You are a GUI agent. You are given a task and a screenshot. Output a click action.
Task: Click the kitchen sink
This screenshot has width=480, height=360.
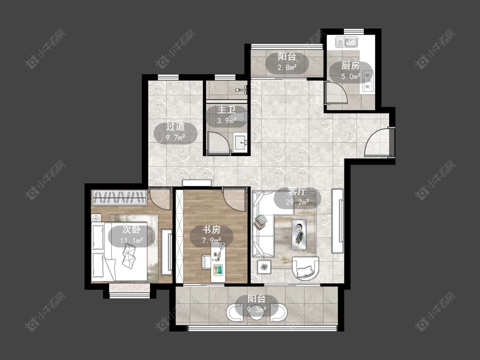click(x=346, y=42)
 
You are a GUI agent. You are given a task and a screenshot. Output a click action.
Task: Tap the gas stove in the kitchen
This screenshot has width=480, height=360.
click(x=368, y=81)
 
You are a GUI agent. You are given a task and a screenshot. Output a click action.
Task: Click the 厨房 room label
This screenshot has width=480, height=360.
click(x=351, y=66)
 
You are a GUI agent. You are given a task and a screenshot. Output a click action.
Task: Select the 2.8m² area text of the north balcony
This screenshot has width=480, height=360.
click(x=287, y=67)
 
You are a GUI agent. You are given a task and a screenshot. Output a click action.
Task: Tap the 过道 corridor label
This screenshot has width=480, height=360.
click(x=175, y=126)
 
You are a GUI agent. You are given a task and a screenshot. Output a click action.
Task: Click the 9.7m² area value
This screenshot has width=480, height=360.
click(x=176, y=137)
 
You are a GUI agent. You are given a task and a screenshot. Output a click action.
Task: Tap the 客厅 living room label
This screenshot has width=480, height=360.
click(x=297, y=192)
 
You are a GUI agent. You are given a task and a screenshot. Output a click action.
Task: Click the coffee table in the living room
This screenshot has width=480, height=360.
click(x=299, y=235)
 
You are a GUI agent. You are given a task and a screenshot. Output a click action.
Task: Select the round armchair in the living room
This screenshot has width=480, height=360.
click(x=305, y=268)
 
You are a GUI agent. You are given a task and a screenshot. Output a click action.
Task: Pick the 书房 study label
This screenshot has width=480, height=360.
click(x=212, y=229)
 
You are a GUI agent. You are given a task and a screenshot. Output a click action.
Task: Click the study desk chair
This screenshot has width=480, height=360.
click(x=206, y=262)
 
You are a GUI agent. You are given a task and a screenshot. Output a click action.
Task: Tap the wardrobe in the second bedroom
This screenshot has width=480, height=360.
click(x=119, y=197)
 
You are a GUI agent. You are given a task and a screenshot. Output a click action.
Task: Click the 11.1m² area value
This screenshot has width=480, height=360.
click(x=131, y=241)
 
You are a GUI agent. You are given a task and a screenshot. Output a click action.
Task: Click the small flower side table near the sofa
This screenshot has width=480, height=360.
click(x=264, y=267)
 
